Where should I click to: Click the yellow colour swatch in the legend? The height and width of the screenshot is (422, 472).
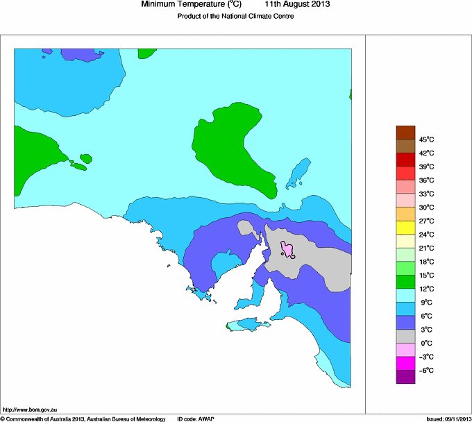pyautogui.click(x=405, y=228)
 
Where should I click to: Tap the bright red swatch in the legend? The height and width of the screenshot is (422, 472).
pyautogui.click(x=405, y=174)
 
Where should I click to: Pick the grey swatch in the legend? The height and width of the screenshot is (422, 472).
pyautogui.click(x=405, y=336)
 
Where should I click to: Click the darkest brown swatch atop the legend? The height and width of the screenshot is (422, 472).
pyautogui.click(x=405, y=133)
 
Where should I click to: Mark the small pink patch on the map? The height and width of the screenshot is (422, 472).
pyautogui.click(x=288, y=250)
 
